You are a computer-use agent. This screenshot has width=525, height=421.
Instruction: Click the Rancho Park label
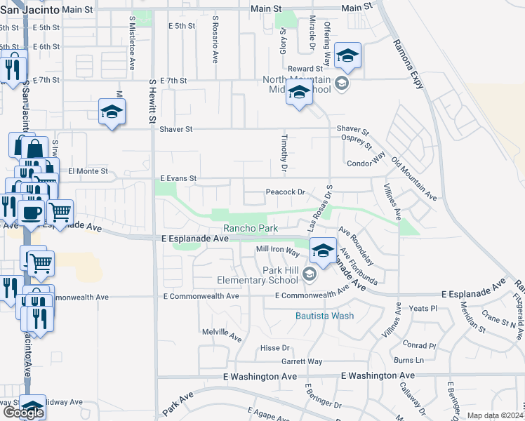coord(251,228)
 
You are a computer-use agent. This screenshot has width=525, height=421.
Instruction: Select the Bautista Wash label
coord(324,316)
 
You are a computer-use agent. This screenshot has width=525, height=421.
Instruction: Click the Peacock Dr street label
coord(285,192)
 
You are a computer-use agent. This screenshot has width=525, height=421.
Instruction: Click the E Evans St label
coord(178,179)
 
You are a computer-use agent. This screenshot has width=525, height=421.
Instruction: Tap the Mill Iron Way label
coord(278,249)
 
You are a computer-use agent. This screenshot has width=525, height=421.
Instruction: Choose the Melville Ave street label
coord(221,333)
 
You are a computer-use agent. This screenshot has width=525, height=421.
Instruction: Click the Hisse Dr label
coord(275,348)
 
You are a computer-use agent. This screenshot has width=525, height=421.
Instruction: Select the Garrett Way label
coord(302,362)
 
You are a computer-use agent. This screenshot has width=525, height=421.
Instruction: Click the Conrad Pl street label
coord(420,345)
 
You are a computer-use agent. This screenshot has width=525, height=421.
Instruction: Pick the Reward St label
coord(309,69)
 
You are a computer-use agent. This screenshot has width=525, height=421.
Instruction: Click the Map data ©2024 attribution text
coord(495,415)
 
